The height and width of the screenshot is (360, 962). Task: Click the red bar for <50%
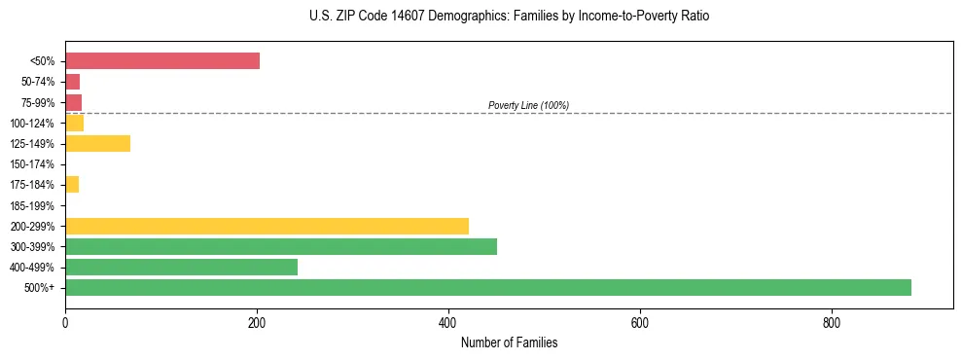(x=162, y=61)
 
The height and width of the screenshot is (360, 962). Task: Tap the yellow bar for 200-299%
(x=267, y=226)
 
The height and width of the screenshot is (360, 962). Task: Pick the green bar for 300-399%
(x=281, y=246)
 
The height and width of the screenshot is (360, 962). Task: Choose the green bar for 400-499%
(x=181, y=267)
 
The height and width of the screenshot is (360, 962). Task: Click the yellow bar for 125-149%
(x=97, y=144)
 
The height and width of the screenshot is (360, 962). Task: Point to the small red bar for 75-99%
(x=73, y=102)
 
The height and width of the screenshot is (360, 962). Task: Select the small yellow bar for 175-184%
(x=72, y=185)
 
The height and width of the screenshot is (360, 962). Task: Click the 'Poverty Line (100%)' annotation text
(x=528, y=105)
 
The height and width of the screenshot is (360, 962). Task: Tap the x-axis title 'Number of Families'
(x=509, y=343)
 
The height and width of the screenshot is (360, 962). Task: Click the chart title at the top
(x=509, y=17)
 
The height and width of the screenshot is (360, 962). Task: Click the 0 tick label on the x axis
(x=65, y=321)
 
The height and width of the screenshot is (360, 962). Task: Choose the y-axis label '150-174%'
(x=32, y=164)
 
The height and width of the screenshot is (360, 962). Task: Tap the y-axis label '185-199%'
(x=32, y=205)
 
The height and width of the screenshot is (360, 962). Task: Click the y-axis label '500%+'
(x=40, y=288)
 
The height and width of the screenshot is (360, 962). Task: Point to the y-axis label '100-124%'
(x=32, y=124)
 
